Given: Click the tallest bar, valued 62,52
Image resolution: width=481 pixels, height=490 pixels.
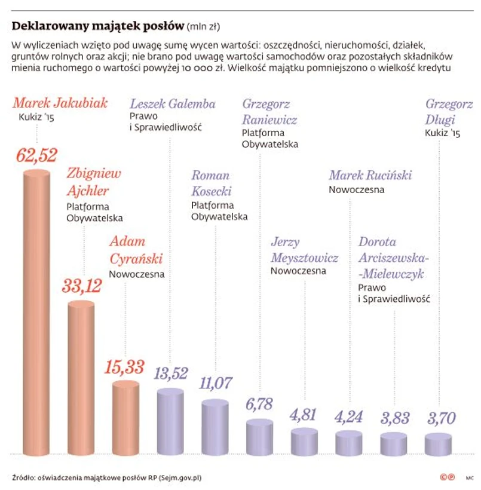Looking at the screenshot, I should [40, 311].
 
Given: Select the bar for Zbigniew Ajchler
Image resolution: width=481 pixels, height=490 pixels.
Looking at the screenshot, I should [84, 376].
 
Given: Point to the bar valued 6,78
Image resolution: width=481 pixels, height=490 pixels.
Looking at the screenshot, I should [261, 436].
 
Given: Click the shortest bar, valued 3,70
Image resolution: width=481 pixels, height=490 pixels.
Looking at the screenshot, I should [439, 443].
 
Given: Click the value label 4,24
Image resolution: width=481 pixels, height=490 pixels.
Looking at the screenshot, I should [348, 416].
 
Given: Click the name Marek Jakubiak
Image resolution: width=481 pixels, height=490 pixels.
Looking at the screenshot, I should [60, 103].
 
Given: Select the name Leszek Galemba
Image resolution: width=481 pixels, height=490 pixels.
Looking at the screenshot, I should [173, 103].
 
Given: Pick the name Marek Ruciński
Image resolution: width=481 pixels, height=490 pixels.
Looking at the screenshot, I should [370, 175].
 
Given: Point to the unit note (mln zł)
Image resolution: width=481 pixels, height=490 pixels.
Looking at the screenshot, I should [204, 27].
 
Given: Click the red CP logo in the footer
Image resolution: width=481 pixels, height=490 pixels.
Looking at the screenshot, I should [447, 477].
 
